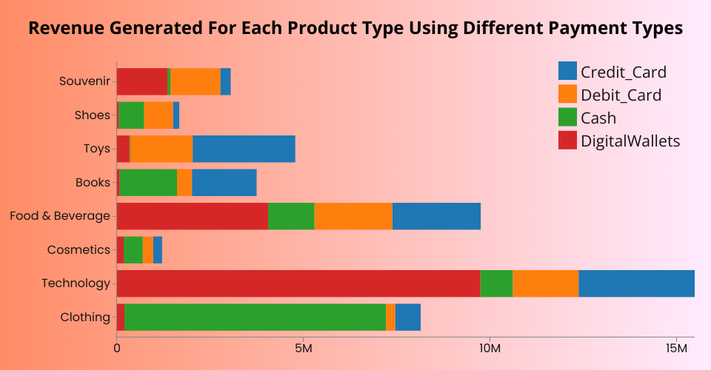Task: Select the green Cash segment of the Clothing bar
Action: click(256, 317)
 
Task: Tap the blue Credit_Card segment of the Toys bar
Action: click(244, 149)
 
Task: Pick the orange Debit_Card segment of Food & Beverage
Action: click(353, 216)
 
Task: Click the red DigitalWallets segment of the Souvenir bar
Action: click(141, 81)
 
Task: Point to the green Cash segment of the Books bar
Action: click(148, 183)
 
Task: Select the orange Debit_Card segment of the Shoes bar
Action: click(158, 115)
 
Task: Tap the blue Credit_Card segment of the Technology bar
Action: click(636, 283)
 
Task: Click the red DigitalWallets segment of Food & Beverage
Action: click(193, 216)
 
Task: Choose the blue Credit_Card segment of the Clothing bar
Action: click(408, 317)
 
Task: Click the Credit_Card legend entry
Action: click(623, 72)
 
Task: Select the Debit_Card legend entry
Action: click(621, 95)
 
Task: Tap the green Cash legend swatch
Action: click(567, 118)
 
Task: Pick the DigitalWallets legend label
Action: click(630, 141)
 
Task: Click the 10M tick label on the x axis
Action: click(490, 348)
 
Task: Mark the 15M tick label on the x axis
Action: click(676, 348)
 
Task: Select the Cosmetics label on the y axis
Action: click(79, 249)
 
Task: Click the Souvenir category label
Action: click(84, 81)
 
